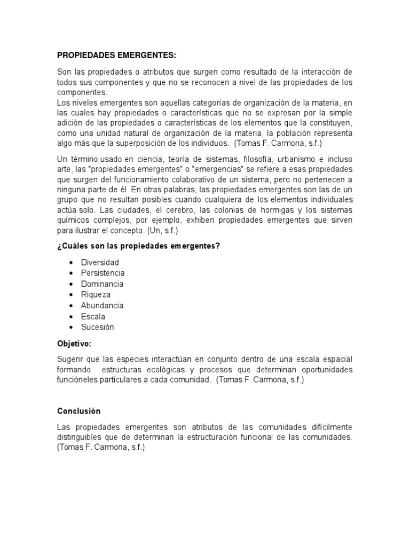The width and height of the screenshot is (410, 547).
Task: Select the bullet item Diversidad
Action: (100, 262)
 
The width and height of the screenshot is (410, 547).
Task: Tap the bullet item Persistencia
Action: (102, 273)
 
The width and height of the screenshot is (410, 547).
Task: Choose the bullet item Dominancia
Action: (102, 284)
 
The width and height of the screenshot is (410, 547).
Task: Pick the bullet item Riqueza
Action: (96, 294)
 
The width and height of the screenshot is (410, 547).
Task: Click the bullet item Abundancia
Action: (102, 306)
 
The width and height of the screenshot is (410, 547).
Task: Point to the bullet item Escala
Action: (93, 316)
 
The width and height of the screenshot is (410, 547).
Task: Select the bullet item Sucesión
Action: (97, 327)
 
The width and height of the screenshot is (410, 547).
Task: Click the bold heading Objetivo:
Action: (74, 343)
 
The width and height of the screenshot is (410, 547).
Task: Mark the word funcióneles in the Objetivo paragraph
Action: (78, 380)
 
